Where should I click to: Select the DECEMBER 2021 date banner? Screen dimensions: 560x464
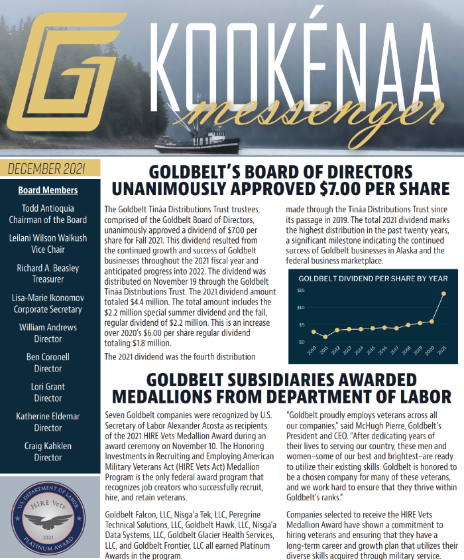pos(50,168)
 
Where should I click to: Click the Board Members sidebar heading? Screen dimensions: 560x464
pos(48,190)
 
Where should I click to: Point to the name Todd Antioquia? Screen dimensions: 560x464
pos(48,208)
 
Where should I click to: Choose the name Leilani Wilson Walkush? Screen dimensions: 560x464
pos(48,238)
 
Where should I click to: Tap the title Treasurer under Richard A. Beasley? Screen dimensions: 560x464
pos(48,279)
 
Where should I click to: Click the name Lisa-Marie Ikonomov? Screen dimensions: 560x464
pos(48,298)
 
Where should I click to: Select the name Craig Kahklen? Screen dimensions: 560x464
pos(48,446)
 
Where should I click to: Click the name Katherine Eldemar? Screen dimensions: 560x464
pos(48,417)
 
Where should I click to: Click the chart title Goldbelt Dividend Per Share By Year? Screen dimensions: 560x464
pos(373,279)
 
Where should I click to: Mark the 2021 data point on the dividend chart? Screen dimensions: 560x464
pos(443,293)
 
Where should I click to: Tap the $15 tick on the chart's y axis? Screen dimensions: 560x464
pos(300,291)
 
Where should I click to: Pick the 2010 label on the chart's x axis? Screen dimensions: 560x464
pos(312,350)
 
